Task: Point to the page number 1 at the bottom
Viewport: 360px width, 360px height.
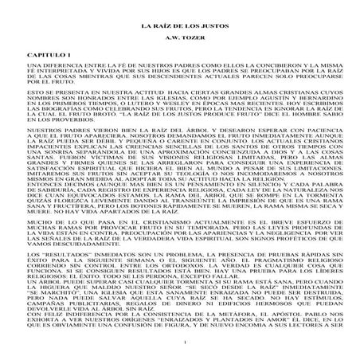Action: point(180,342)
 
